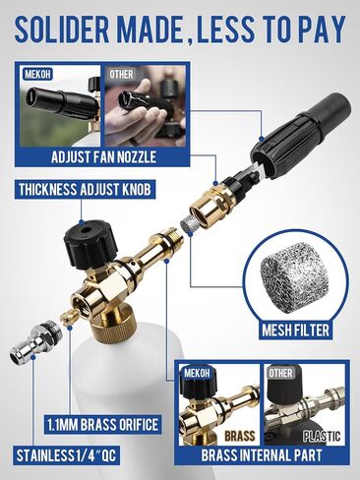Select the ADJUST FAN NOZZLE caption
(x=103, y=157)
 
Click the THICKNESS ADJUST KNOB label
(x=85, y=190)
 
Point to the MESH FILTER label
(x=295, y=330)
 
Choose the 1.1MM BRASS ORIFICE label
(x=102, y=425)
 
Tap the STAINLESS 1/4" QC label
(x=66, y=455)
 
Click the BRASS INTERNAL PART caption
(x=262, y=455)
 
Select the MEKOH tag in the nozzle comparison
(x=38, y=74)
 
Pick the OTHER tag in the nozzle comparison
(x=121, y=74)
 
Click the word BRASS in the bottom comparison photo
(x=240, y=436)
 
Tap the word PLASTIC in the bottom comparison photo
(x=322, y=436)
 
